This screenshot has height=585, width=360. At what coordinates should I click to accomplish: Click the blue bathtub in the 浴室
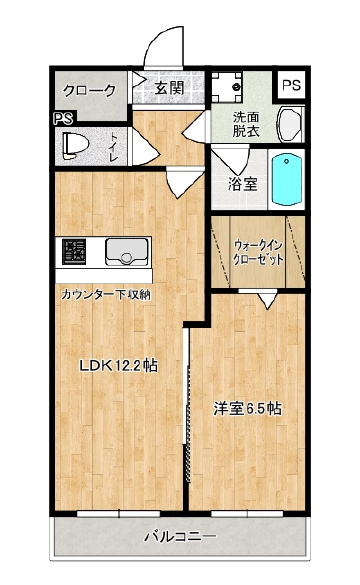click(287, 179)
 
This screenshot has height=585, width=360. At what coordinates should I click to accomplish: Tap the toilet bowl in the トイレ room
click(75, 146)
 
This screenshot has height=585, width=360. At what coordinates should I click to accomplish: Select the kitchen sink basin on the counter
click(126, 251)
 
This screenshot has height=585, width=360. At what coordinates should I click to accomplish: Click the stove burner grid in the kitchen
click(74, 252)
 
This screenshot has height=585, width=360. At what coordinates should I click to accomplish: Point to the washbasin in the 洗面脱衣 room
click(290, 124)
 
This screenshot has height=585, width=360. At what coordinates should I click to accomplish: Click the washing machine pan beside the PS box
click(227, 87)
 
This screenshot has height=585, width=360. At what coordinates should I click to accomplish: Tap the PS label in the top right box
click(291, 85)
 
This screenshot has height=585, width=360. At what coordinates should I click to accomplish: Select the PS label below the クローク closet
click(64, 118)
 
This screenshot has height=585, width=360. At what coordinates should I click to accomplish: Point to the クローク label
click(90, 90)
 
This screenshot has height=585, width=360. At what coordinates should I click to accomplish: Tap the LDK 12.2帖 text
click(118, 366)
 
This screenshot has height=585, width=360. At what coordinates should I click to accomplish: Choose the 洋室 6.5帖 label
click(247, 409)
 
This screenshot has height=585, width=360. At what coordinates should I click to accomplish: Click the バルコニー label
click(180, 537)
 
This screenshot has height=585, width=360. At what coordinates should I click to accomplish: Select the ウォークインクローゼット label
click(258, 253)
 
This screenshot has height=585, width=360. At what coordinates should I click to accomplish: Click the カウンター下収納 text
click(106, 295)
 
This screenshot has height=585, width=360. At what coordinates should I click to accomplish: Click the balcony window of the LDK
click(119, 514)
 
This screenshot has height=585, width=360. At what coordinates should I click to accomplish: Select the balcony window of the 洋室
click(247, 514)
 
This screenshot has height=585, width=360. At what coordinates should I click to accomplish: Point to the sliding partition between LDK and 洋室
click(187, 419)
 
